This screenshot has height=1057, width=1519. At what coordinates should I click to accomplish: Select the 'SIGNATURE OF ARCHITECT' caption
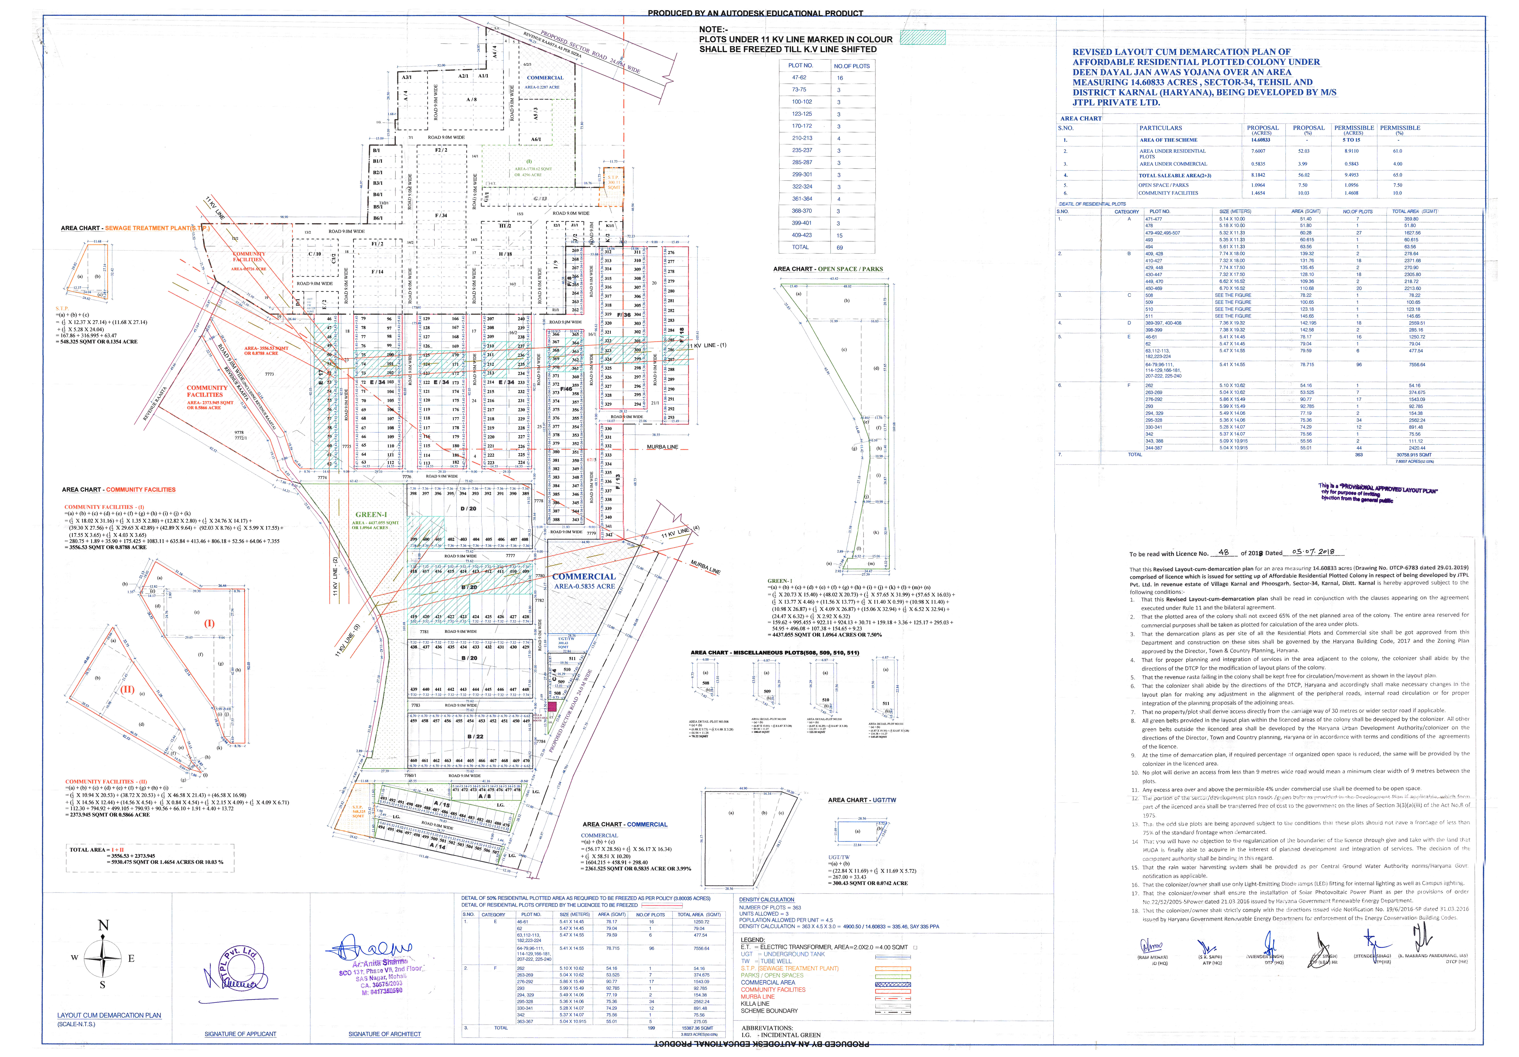(384, 1034)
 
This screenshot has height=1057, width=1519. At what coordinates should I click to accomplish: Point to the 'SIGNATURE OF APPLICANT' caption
(240, 1034)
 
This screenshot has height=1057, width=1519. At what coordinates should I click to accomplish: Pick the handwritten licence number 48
(1223, 552)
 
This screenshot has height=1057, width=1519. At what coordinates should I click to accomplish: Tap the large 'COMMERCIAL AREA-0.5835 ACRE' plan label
(584, 581)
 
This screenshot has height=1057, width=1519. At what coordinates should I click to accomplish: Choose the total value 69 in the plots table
(840, 247)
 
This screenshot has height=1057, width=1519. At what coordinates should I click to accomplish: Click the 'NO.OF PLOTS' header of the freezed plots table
(851, 66)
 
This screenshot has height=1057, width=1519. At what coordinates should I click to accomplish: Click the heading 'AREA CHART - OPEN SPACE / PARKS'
(828, 269)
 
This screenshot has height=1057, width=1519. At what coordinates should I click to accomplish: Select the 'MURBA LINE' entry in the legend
(758, 996)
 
